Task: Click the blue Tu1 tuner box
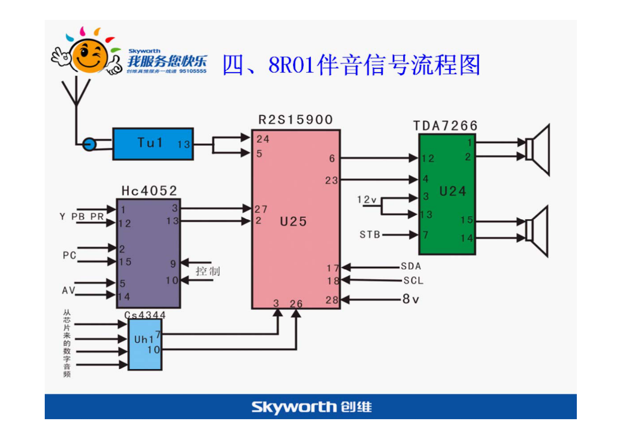(153, 144)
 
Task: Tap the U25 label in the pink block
(293, 222)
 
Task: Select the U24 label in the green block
(452, 191)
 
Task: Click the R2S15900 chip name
(295, 120)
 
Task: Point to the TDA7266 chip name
(445, 126)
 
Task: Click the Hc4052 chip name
(149, 191)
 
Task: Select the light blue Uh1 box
(145, 344)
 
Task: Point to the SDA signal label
(411, 266)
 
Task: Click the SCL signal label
(413, 281)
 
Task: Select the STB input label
(370, 234)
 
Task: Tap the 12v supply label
(367, 200)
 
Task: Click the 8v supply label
(410, 300)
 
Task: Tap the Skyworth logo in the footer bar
(311, 407)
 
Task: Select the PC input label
(70, 255)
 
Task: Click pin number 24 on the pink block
(263, 139)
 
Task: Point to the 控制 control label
(208, 271)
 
